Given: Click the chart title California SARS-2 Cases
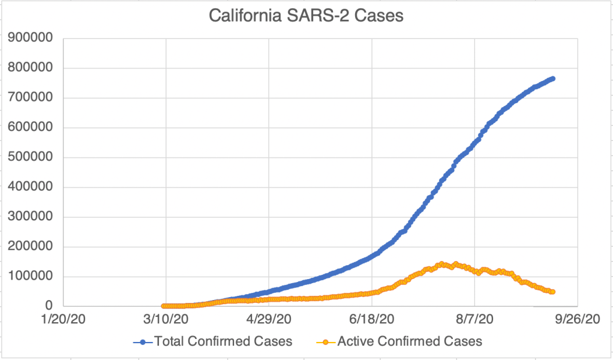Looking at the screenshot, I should click(306, 16).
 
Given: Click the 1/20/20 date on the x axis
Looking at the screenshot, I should click(62, 320).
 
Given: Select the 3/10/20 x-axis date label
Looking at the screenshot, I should click(166, 320).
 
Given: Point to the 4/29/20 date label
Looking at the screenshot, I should click(269, 320).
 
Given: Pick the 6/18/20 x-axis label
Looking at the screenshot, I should click(372, 320).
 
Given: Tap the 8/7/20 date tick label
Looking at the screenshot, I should click(475, 320).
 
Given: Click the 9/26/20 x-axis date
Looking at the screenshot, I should click(578, 320).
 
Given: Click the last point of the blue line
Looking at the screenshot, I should click(552, 79).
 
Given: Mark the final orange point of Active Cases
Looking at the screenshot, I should click(552, 292).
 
